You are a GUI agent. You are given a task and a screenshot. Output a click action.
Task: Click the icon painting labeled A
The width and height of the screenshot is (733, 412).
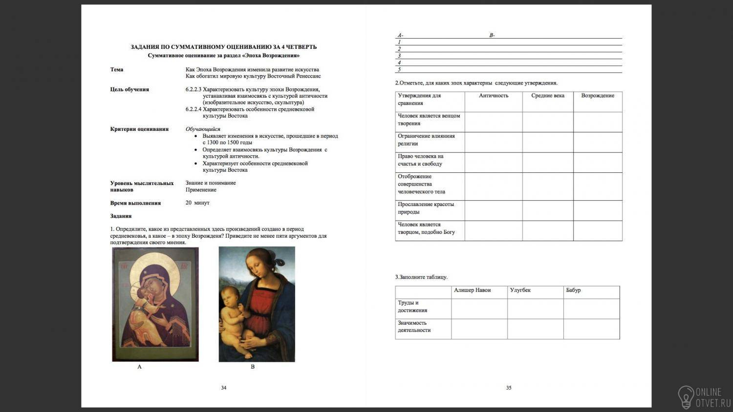155,304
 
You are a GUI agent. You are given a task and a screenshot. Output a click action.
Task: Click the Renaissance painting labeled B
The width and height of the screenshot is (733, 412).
257,304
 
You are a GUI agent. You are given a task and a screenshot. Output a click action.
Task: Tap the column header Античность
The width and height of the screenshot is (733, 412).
494,96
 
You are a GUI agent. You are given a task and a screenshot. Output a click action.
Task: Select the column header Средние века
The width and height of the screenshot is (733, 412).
548,96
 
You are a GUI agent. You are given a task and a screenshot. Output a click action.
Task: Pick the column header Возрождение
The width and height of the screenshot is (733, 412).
598,96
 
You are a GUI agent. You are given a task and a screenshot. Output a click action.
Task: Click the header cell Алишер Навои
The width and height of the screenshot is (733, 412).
472,290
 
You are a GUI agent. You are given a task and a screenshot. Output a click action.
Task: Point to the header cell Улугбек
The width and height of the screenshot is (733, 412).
520,290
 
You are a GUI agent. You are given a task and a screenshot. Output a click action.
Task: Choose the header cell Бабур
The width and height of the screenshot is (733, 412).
573,290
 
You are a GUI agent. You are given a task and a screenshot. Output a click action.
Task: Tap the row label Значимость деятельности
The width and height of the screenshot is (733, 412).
414,327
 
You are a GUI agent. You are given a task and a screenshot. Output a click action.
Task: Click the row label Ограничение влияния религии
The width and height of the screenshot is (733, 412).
426,140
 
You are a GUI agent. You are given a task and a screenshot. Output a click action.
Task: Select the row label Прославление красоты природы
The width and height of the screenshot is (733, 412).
426,208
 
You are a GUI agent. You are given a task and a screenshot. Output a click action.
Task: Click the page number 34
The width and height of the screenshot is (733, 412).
223,388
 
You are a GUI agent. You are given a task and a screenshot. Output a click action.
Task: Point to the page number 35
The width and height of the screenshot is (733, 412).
509,388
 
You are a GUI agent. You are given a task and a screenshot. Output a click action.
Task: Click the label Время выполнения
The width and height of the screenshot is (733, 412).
135,203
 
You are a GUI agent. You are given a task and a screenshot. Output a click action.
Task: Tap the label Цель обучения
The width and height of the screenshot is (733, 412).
129,89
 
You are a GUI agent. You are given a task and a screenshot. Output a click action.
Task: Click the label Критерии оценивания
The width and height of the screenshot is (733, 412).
139,129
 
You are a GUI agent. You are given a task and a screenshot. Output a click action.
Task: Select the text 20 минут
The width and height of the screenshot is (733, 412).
197,203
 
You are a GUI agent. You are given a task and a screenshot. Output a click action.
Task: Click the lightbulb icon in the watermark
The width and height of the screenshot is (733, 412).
686,396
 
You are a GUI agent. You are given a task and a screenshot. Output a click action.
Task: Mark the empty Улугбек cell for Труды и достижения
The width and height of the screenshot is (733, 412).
535,309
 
